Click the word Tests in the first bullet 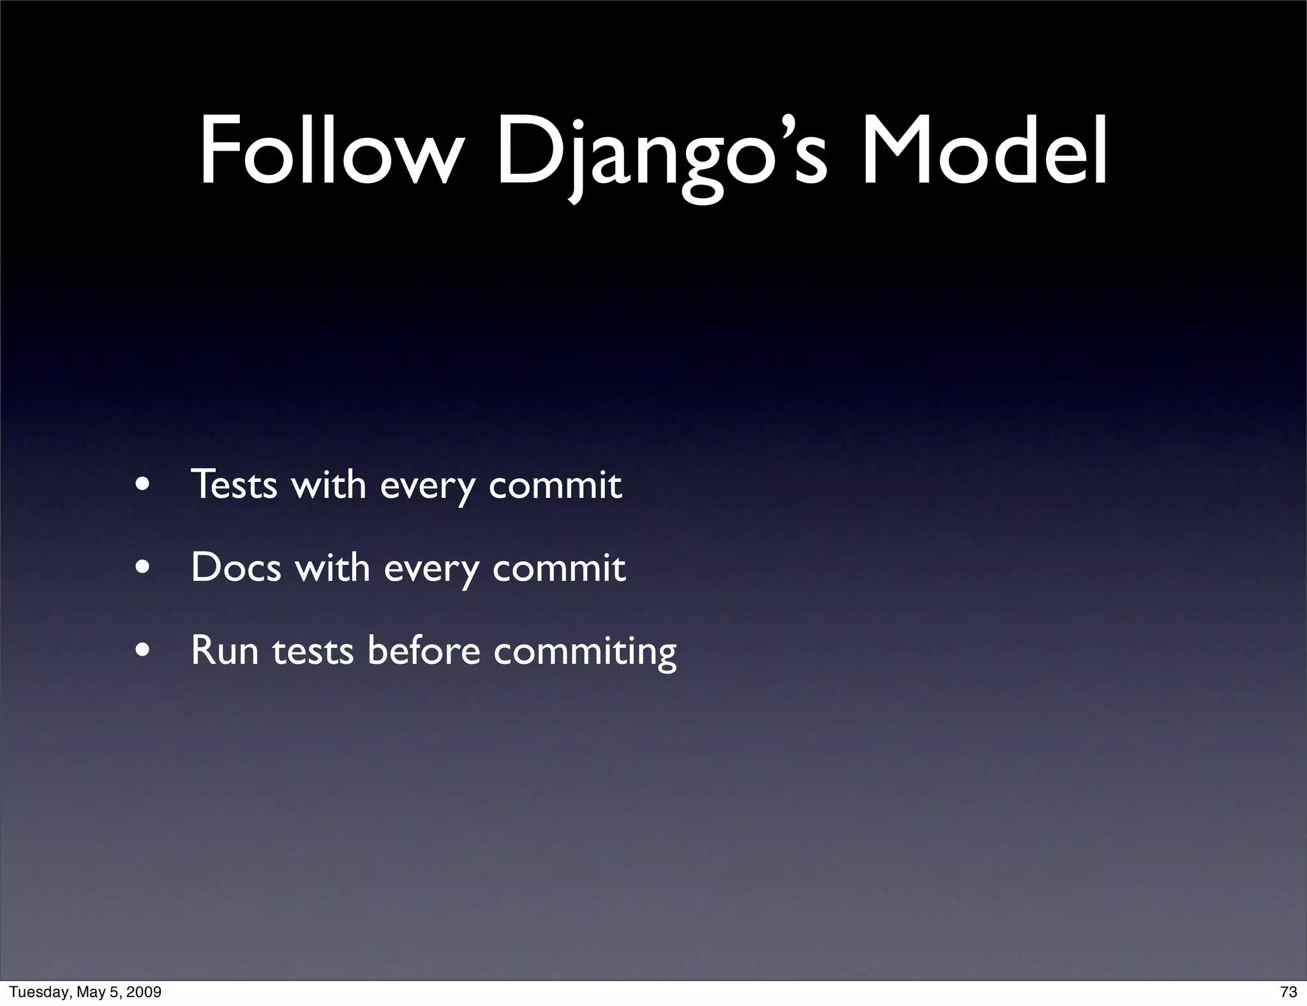pyautogui.click(x=234, y=484)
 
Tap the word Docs pyautogui.click(x=235, y=567)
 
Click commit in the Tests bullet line pyautogui.click(x=555, y=484)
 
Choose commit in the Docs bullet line pyautogui.click(x=558, y=567)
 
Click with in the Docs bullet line pyautogui.click(x=332, y=567)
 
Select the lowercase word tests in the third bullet pyautogui.click(x=313, y=651)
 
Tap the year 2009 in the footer pyautogui.click(x=144, y=992)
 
